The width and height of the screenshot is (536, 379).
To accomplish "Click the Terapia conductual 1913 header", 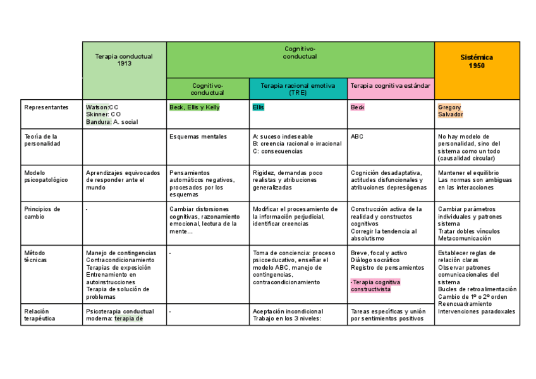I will (x=124, y=60).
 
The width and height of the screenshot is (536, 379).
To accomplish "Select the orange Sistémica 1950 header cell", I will (x=477, y=61).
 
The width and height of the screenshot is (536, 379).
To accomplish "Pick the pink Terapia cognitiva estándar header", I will (x=390, y=85).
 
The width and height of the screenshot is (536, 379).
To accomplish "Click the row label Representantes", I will (x=46, y=107).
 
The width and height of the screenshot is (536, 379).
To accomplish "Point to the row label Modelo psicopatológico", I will (x=46, y=176).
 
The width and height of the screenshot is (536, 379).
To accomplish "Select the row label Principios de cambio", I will (x=42, y=212).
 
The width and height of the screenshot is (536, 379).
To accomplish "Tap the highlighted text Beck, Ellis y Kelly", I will (x=195, y=107).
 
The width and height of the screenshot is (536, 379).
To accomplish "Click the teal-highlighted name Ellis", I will (x=258, y=107).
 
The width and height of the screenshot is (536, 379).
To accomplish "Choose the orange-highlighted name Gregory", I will (x=449, y=107).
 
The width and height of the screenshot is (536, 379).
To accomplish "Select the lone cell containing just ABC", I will (x=357, y=136).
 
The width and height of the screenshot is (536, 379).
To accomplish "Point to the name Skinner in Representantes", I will (x=98, y=114).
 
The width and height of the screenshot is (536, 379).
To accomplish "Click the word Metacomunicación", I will (x=464, y=239).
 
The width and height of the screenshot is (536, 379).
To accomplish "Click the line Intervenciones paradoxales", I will (x=476, y=311).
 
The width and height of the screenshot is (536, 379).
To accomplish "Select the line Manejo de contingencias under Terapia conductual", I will (x=121, y=253).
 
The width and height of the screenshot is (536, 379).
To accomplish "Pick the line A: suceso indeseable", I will (x=282, y=136).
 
